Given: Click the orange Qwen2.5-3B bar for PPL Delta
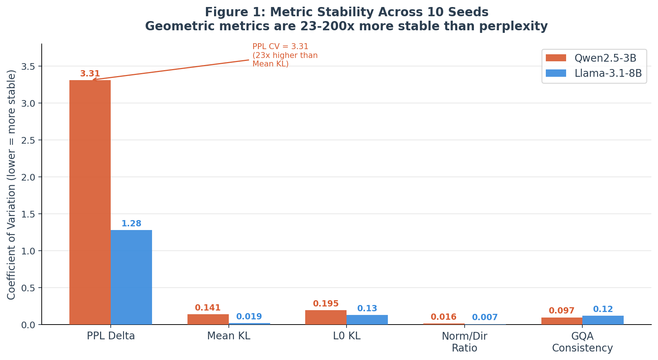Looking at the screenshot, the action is point(90,202).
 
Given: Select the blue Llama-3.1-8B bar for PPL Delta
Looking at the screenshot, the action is point(131,277).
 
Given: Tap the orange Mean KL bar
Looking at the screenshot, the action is point(208,319).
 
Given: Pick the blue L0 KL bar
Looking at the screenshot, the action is point(367,320).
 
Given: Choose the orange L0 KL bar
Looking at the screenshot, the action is point(326,318).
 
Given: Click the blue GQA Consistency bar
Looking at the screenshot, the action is point(603,320).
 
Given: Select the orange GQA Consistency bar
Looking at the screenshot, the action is point(562,321).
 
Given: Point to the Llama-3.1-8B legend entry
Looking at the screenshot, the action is point(594,73).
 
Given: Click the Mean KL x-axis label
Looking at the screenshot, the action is point(228,336).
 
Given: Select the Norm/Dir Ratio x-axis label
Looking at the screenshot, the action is point(464,342).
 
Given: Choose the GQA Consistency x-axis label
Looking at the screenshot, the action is point(582,342).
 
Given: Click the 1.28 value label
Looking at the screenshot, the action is point(131,224).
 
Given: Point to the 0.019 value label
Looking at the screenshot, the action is point(249,317).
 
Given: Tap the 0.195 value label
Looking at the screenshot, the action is point(326,304).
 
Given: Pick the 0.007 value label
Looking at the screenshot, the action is point(485,318).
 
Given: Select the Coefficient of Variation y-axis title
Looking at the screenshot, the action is point(11,185).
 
